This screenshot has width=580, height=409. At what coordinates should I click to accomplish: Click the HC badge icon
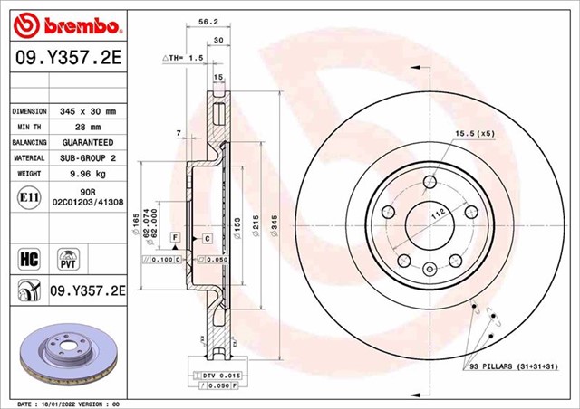click(27, 258)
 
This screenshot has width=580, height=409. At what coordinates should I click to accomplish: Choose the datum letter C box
click(208, 237)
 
